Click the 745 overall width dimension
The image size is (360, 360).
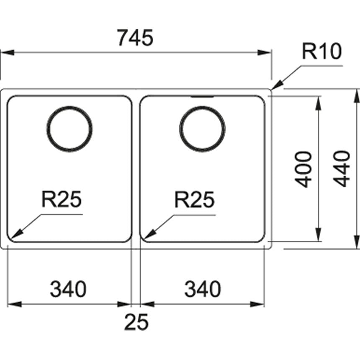135,38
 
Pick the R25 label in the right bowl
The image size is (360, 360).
194,200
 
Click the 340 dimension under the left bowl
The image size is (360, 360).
68,289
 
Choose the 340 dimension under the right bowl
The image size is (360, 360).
202,289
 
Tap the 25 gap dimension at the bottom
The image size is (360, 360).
136,322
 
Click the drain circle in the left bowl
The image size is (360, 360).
69,129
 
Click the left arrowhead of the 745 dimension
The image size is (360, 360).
6,53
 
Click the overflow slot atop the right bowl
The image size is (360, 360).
202,96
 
